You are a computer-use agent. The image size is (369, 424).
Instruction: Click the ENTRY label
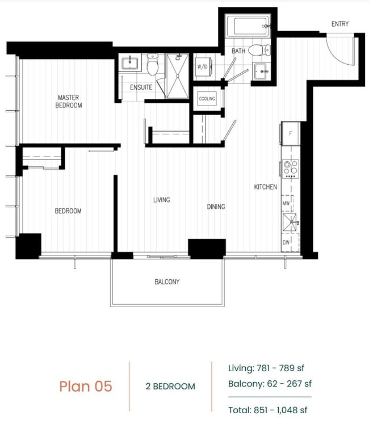tap(340, 24)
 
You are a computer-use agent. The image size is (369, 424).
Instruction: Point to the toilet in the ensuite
tap(152, 66)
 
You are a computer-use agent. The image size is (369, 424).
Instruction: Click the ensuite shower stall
tap(177, 75)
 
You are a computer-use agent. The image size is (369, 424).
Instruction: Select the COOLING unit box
tap(207, 99)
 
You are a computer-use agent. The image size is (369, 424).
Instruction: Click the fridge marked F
tap(290, 134)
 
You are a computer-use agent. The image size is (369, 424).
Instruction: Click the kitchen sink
tap(290, 221)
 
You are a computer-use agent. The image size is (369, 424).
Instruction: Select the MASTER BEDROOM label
tap(69, 101)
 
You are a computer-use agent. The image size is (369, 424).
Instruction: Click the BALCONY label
tap(167, 282)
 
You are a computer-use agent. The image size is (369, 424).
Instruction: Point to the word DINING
tap(216, 207)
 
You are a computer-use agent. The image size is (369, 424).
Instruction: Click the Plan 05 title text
tap(86, 387)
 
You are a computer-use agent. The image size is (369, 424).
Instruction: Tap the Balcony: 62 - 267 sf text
tap(270, 384)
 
